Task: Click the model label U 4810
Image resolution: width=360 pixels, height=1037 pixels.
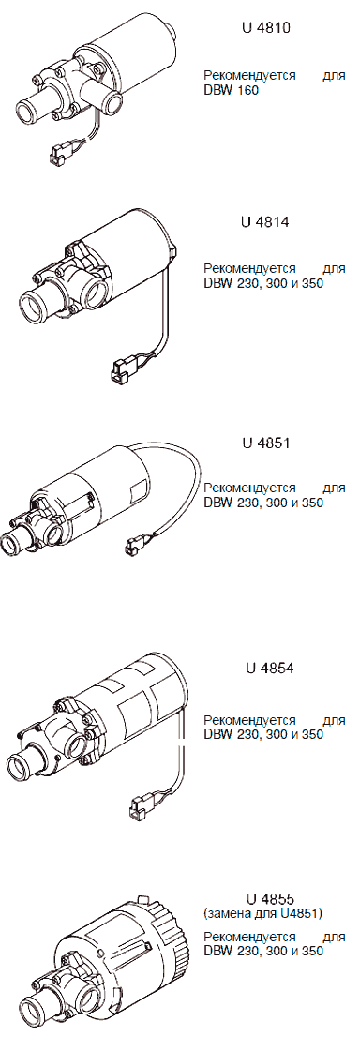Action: click(265, 30)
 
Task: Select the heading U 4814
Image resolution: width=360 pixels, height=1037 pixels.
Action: click(265, 222)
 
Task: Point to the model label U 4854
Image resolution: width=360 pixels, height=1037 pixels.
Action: click(265, 669)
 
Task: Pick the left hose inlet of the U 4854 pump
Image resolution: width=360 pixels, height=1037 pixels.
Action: click(26, 765)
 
